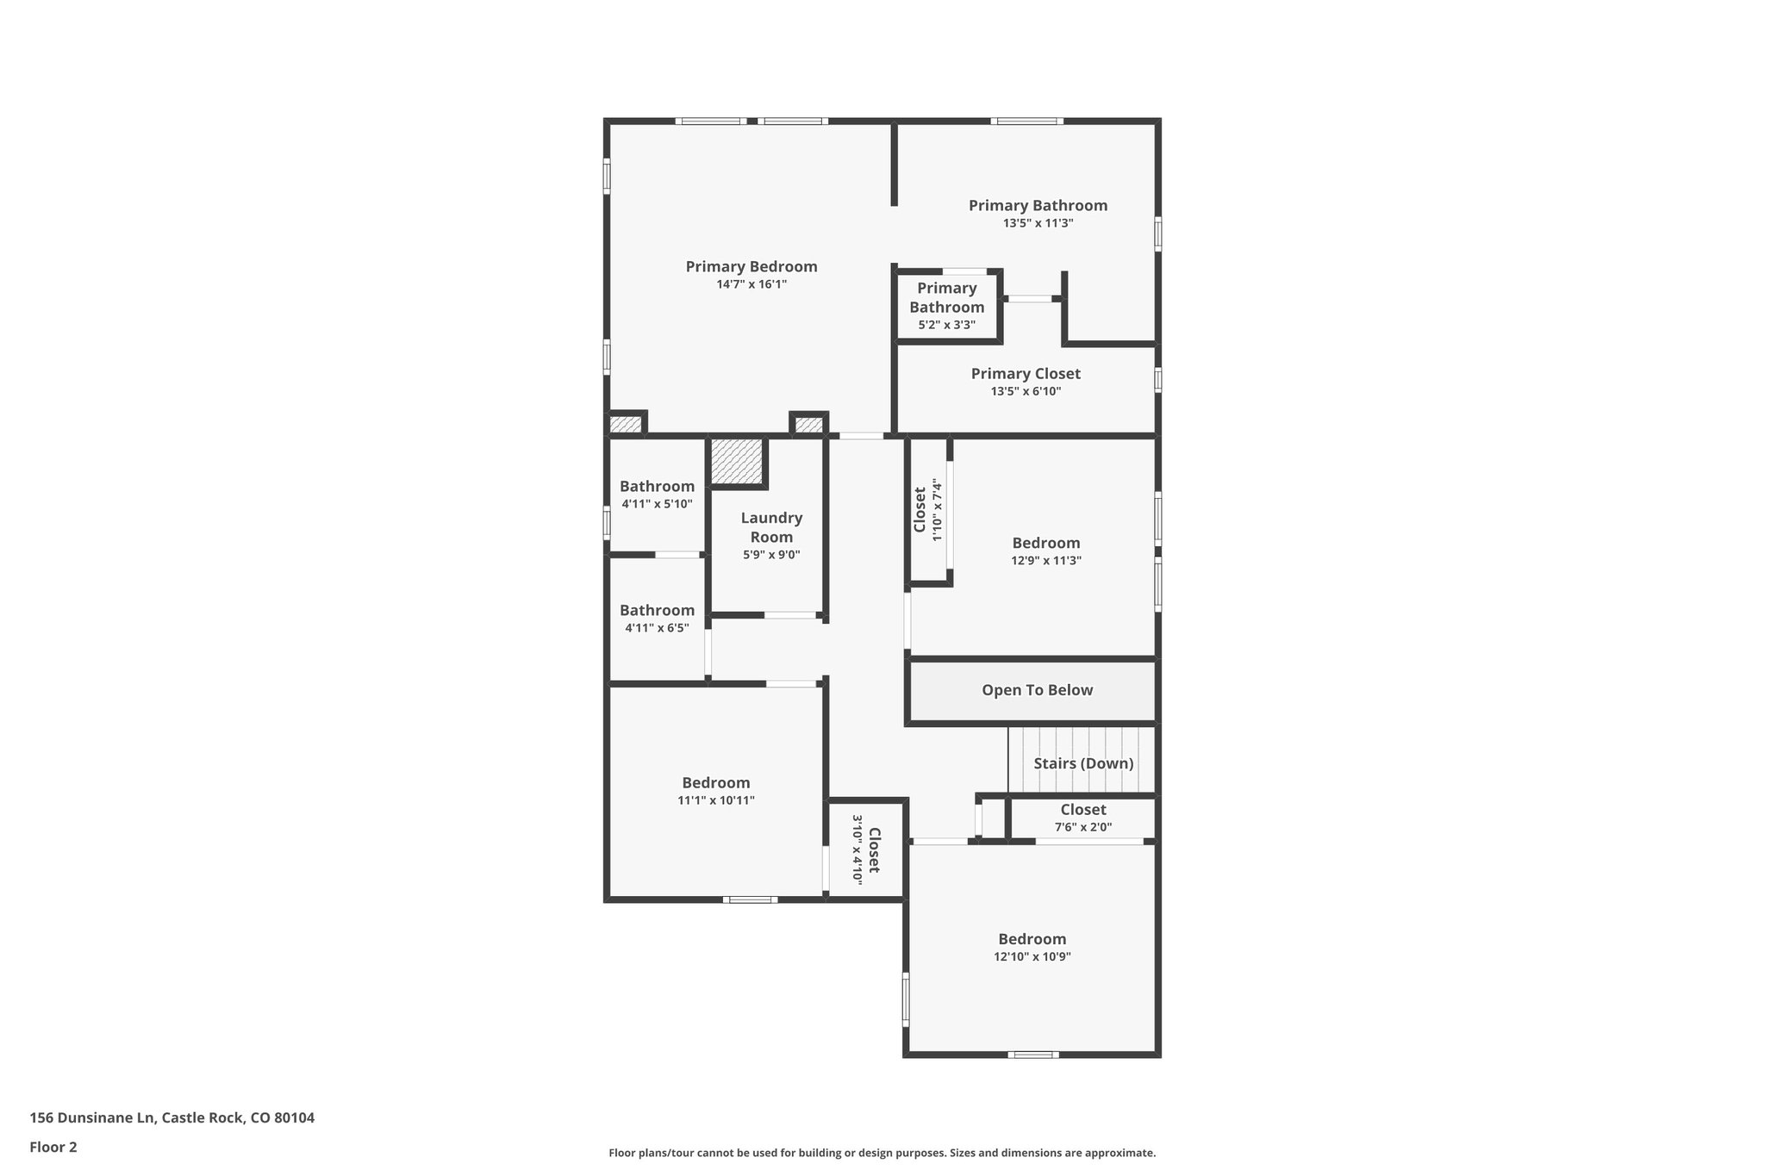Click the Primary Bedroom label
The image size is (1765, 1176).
(751, 267)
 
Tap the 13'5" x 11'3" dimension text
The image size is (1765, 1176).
(1038, 223)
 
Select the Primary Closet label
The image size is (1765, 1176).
(1026, 374)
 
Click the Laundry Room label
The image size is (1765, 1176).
(771, 527)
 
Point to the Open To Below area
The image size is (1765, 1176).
(1037, 690)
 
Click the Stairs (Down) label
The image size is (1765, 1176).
(1083, 763)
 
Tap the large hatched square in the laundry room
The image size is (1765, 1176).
(738, 463)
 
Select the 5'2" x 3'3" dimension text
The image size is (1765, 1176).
(946, 326)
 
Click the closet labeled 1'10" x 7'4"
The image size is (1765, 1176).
(928, 510)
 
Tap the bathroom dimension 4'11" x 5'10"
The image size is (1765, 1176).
(657, 504)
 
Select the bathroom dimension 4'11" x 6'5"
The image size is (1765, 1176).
(657, 628)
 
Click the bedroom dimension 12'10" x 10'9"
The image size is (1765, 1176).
(1032, 957)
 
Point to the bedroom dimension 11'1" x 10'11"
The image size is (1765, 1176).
(715, 800)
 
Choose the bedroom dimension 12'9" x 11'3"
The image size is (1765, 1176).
(1045, 561)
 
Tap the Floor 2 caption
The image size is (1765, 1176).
(53, 1147)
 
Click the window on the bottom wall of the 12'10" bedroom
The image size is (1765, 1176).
(1032, 1055)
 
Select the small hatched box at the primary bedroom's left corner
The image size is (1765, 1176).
(626, 425)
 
